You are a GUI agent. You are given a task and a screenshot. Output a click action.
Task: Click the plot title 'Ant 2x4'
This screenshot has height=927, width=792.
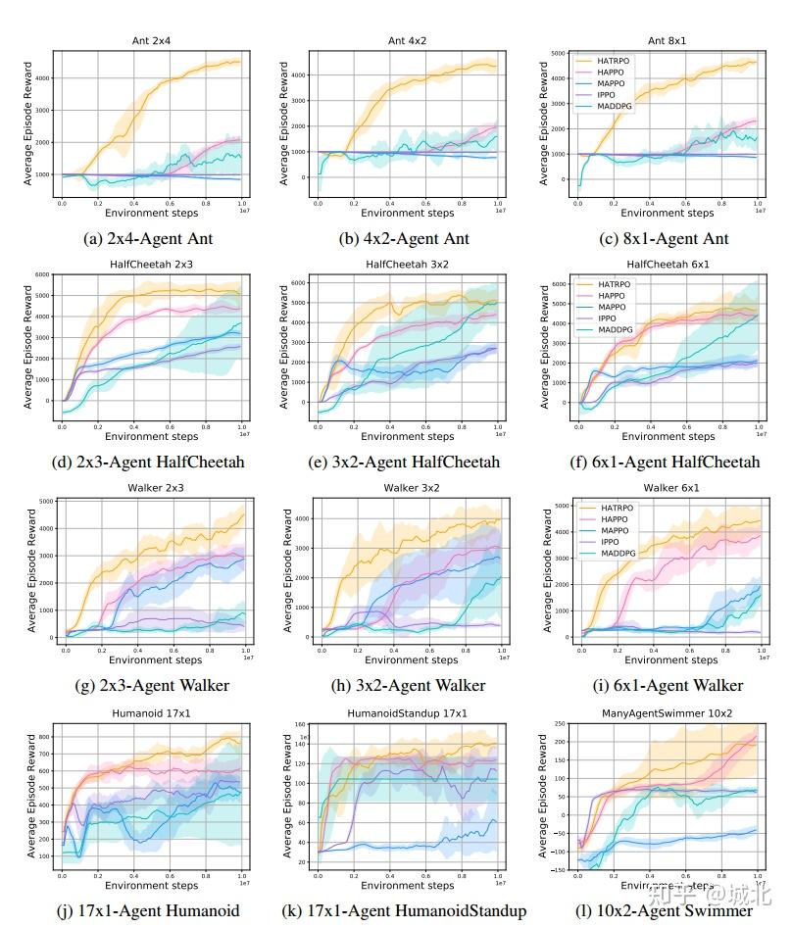click(x=152, y=40)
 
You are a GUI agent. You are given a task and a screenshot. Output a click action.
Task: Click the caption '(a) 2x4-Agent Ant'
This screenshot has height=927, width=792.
click(x=152, y=238)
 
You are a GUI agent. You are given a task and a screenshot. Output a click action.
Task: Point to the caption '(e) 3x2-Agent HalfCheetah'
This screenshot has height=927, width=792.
click(x=409, y=462)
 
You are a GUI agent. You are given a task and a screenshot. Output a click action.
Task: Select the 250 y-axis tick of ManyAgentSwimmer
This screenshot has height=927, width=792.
click(x=561, y=723)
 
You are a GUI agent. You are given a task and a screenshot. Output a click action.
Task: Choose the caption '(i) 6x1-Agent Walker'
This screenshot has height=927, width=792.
click(x=668, y=685)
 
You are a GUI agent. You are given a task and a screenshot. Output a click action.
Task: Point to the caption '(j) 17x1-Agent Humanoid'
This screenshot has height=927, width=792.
click(x=152, y=910)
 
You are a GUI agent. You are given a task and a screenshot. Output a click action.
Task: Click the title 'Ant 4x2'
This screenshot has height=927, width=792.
click(x=409, y=40)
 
